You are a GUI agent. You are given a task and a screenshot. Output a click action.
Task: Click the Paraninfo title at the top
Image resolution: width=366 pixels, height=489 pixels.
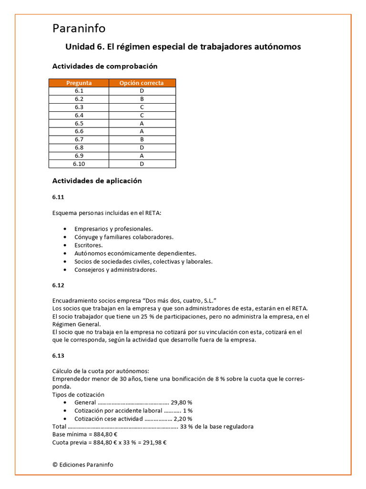click(x=79, y=29)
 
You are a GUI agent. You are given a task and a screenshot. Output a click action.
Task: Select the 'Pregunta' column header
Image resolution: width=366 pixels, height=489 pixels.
click(x=79, y=83)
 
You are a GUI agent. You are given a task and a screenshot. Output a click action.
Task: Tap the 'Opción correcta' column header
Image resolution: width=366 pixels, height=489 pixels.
click(x=142, y=83)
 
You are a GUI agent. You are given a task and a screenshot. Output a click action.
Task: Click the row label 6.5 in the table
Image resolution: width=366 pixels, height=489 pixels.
click(x=79, y=123)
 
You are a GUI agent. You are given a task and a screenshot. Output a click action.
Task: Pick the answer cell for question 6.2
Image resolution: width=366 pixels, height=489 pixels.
click(x=142, y=99)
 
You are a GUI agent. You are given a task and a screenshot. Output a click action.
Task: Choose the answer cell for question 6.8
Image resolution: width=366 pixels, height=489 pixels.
click(x=142, y=148)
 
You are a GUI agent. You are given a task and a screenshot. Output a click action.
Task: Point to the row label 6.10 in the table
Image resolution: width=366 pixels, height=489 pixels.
click(x=79, y=164)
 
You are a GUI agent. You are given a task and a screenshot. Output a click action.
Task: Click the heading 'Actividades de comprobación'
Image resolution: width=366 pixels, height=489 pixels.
click(x=104, y=66)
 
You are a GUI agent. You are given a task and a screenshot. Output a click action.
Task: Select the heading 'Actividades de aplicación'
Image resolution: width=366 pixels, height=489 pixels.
click(x=97, y=181)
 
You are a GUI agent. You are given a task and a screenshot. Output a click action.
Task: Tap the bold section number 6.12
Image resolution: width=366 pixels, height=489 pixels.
click(x=58, y=285)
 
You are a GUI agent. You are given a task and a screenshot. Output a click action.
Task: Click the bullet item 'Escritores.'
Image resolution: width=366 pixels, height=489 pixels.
click(x=89, y=245)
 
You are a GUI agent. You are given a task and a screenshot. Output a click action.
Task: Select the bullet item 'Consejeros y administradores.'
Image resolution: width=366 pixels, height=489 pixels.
click(x=115, y=270)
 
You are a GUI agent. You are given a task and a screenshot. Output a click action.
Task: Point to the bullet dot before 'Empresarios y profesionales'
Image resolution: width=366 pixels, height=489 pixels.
click(x=64, y=229)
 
